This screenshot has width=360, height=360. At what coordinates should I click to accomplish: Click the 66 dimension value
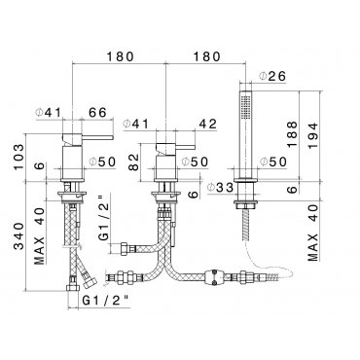[x=97, y=113]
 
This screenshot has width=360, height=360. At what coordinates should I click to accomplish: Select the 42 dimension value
[x=207, y=124]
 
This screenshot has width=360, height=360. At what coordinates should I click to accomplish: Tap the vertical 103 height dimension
[x=18, y=157]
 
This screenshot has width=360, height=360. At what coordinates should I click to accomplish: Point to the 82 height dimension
[x=133, y=162]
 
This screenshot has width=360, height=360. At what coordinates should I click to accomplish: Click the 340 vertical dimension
[x=18, y=236]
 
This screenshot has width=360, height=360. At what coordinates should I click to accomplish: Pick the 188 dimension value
[x=292, y=134]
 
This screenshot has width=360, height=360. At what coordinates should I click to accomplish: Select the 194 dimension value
[x=313, y=136]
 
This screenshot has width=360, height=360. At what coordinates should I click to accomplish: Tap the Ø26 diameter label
[x=272, y=76]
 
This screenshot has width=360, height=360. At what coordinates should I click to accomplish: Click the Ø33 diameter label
[x=221, y=187]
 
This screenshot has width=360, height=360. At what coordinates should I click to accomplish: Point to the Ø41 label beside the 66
[x=49, y=113]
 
